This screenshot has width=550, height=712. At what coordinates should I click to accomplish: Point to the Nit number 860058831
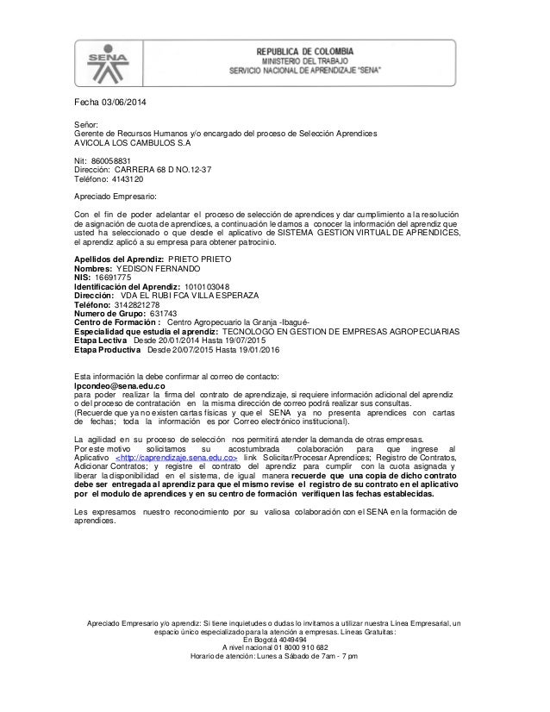pyautogui.click(x=111, y=161)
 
